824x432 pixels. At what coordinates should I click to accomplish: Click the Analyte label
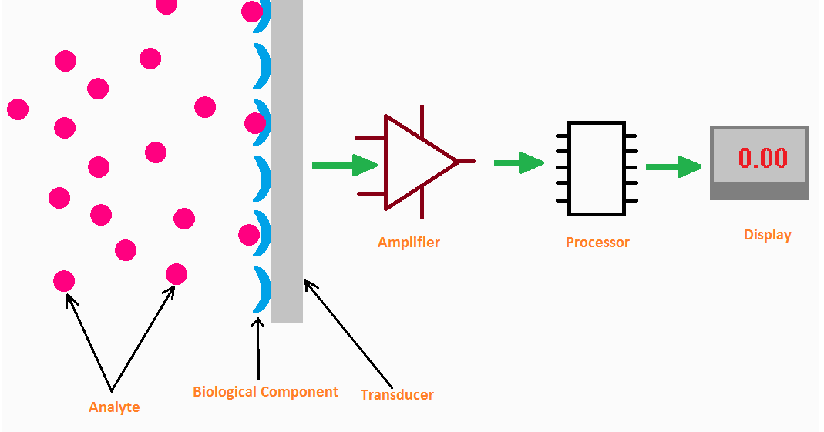[114, 407]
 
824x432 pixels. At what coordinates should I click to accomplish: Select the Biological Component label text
[265, 392]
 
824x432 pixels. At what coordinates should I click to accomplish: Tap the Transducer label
[397, 395]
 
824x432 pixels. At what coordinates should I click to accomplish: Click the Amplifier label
[409, 243]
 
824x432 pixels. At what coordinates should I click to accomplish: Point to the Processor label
[597, 243]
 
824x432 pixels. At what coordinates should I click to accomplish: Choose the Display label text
[767, 235]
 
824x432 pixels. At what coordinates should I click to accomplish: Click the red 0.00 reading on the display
[762, 159]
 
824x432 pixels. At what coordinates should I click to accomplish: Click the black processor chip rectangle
[596, 168]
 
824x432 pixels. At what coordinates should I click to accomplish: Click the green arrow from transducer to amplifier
[343, 165]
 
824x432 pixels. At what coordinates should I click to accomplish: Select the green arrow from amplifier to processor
[518, 162]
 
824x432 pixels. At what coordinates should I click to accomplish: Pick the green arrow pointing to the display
[672, 166]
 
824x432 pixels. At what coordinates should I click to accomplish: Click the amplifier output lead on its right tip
[467, 162]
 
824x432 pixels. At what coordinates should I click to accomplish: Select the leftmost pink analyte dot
[18, 109]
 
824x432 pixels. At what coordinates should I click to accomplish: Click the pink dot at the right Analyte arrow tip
[177, 274]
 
